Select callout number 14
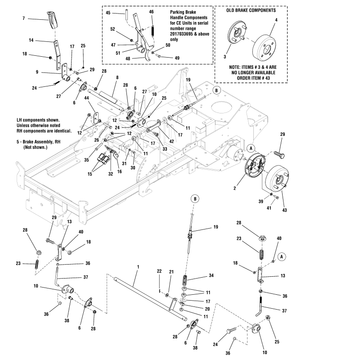click(x=31, y=40)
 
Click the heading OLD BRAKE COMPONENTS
click(x=251, y=9)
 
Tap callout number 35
click(x=86, y=159)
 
